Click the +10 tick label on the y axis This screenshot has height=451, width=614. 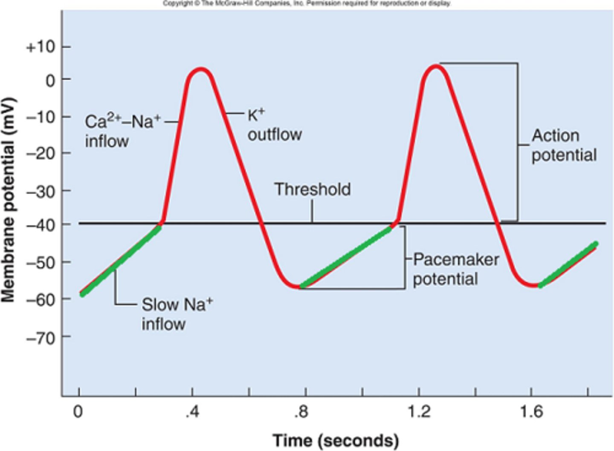pyautogui.click(x=41, y=47)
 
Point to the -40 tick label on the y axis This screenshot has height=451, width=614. pyautogui.click(x=41, y=224)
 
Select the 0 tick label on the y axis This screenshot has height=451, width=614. pyautogui.click(x=50, y=80)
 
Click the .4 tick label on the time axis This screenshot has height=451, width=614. pyautogui.click(x=192, y=412)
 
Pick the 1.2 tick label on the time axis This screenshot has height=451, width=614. pyautogui.click(x=419, y=412)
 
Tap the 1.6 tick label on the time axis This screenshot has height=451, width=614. pyautogui.click(x=531, y=412)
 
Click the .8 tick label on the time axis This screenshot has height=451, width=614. pyautogui.click(x=301, y=412)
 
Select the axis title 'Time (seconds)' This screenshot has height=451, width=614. pyautogui.click(x=336, y=440)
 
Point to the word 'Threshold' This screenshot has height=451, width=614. pyautogui.click(x=312, y=190)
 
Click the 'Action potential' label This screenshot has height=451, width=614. pyautogui.click(x=563, y=145)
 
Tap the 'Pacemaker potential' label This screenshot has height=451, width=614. pyautogui.click(x=455, y=269)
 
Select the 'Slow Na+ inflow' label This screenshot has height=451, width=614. pyautogui.click(x=177, y=314)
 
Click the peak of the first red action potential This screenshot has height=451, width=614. pyautogui.click(x=200, y=69)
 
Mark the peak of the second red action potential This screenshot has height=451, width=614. pyautogui.click(x=435, y=66)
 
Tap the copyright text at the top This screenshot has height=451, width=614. pyautogui.click(x=307, y=3)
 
